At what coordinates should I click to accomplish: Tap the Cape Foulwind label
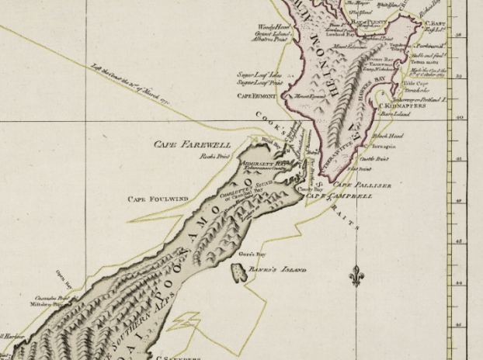[158, 199]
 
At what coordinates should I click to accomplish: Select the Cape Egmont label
[256, 96]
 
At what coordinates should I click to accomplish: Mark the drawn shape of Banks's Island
[238, 272]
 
